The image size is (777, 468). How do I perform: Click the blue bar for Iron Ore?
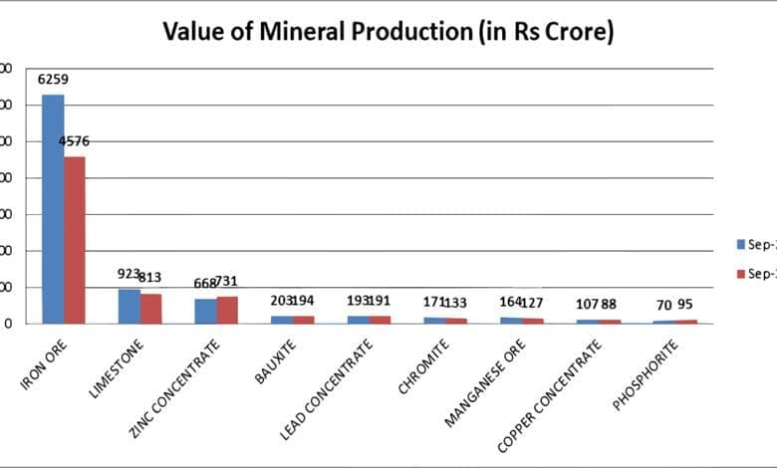[x=53, y=209]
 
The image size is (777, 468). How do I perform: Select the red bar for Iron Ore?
[x=75, y=240]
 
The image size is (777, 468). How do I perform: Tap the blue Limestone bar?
[x=129, y=306]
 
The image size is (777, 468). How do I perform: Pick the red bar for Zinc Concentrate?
[x=227, y=310]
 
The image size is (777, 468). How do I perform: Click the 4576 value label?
[x=75, y=141]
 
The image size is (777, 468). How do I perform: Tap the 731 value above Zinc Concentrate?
[x=227, y=282]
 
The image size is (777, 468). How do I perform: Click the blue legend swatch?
[x=740, y=244]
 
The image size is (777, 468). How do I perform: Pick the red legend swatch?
[x=740, y=273]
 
